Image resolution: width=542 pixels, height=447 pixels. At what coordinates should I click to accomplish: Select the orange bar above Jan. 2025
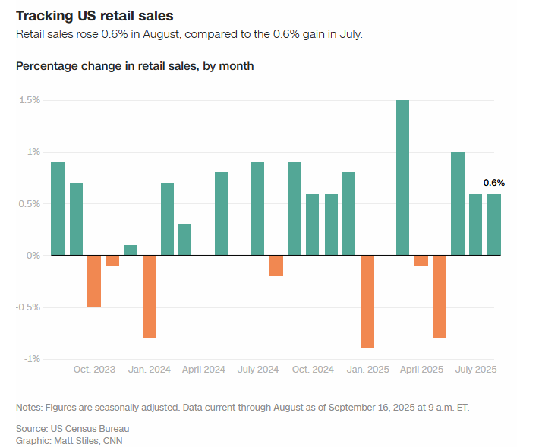click(368, 301)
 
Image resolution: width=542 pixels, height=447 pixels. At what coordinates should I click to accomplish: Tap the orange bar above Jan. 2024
click(149, 296)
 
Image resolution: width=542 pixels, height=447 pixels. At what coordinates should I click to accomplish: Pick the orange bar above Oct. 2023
click(94, 281)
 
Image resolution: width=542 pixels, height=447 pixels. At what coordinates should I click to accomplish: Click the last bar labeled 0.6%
click(494, 225)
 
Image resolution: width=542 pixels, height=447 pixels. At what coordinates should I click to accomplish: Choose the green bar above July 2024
click(257, 209)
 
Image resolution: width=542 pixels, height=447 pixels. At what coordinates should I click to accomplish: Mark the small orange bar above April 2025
click(421, 260)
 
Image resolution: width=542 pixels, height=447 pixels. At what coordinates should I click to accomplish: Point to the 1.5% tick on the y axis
click(30, 100)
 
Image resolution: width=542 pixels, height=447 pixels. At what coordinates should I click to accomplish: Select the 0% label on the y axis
click(33, 256)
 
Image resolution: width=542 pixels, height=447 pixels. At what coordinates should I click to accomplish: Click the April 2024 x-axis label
click(203, 370)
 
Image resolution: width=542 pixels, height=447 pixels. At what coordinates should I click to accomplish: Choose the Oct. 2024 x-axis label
click(313, 370)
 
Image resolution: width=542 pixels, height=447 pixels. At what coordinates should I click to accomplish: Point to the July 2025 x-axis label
click(476, 370)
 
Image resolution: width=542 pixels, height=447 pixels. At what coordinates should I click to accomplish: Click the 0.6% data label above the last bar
click(494, 183)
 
